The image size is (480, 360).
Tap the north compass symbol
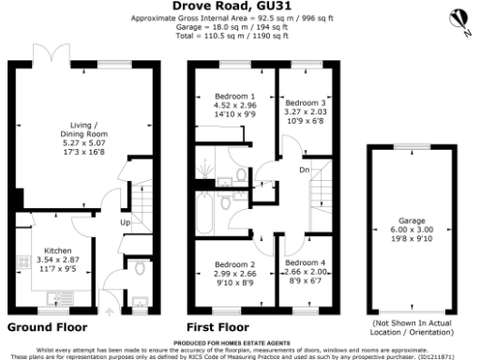click(457, 19)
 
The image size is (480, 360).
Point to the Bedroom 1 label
click(235, 96)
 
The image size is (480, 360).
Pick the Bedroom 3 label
click(306, 102)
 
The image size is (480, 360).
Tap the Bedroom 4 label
click(305, 262)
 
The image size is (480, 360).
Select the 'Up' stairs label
click(124, 223)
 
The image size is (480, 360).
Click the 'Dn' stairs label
click(305, 170)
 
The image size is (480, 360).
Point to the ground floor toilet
click(139, 270)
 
